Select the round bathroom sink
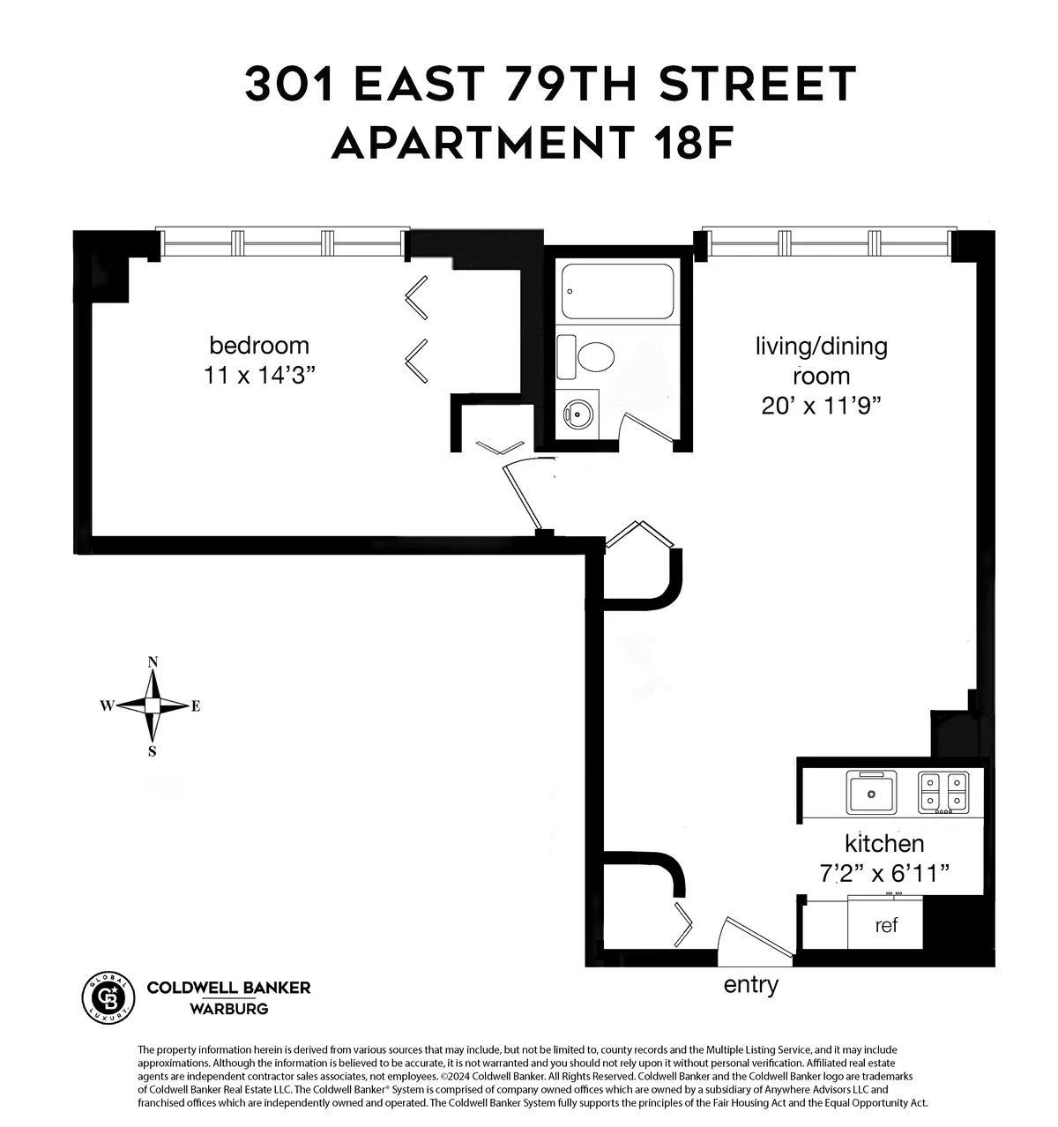(578, 412)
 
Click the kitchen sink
(872, 793)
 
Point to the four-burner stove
(943, 793)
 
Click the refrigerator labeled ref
(885, 925)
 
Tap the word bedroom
(259, 345)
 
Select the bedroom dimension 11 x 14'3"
(259, 376)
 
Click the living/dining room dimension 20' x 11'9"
(821, 406)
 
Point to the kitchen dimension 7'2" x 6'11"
(884, 874)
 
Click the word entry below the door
(750, 984)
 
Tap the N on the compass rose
(153, 662)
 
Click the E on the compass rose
(196, 706)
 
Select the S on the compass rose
(153, 752)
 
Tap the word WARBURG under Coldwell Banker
(229, 1009)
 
